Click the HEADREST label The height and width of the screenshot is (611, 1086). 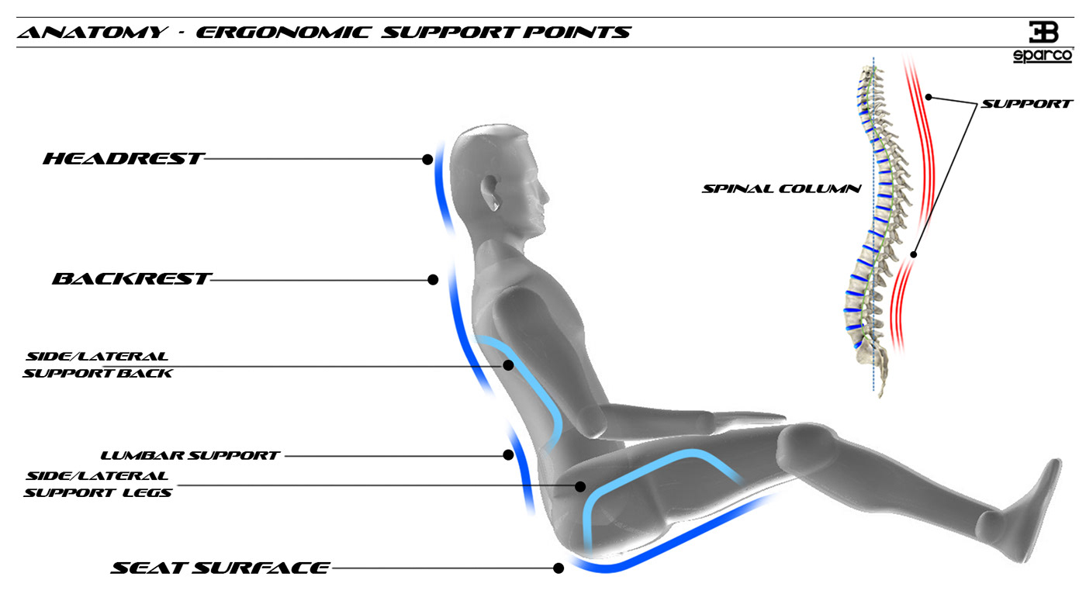123,159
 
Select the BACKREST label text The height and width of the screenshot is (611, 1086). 130,279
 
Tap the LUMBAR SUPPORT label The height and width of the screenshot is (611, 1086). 190,456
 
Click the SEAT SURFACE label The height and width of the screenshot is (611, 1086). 220,568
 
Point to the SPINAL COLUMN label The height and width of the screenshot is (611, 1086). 781,188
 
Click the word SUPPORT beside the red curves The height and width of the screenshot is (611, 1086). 1026,103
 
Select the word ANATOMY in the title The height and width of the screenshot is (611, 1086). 92,33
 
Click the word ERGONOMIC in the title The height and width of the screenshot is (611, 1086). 282,33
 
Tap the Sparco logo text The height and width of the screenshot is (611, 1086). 1043,57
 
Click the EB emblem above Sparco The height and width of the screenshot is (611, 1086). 1043,32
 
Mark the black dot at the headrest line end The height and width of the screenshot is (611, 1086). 427,159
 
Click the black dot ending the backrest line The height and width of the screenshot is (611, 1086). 433,280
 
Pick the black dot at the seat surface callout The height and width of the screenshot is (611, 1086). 559,568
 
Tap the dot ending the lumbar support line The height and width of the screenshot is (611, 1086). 508,455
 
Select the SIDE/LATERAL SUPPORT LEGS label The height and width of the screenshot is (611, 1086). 97,484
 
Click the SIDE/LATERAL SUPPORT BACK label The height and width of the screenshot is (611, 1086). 97,364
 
